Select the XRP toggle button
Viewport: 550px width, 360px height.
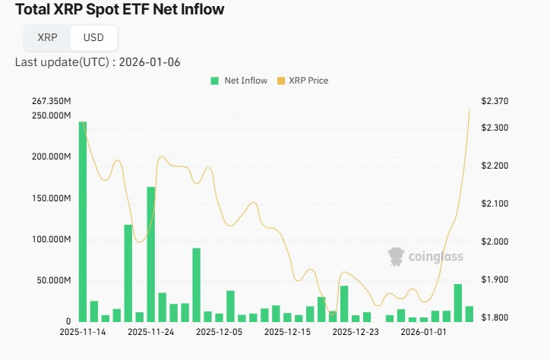pos(47,37)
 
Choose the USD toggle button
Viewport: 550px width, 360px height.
pos(93,37)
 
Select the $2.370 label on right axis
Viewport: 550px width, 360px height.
pos(495,102)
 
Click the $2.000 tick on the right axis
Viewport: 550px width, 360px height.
pos(495,242)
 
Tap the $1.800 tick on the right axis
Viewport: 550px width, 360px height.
pos(495,317)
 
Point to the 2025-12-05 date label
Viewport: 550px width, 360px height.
pos(220,332)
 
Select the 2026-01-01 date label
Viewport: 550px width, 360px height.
pos(424,332)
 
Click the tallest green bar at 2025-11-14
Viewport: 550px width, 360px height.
pos(83,220)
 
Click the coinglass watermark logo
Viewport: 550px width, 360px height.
pos(425,257)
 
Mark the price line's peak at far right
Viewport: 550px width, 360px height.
pos(469,111)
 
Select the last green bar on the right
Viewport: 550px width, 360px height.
pos(469,314)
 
